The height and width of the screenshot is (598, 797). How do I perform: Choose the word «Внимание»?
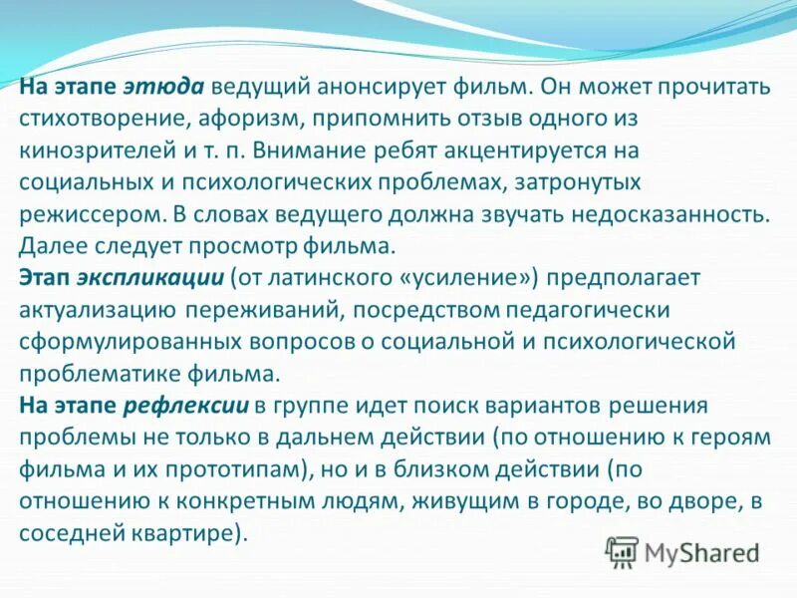[305, 149]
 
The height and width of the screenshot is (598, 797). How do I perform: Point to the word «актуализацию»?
[98, 310]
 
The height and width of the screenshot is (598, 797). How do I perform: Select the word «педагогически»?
[582, 310]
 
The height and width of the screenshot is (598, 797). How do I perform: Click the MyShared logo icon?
[622, 550]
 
